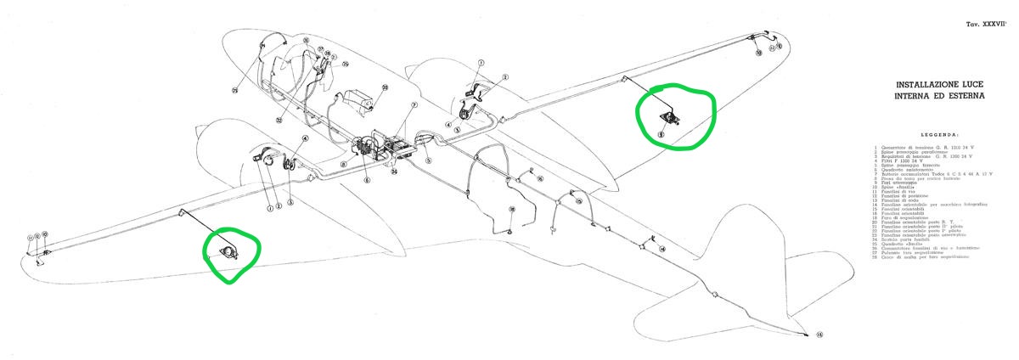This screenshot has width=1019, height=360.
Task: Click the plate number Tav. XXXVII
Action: click(x=986, y=26)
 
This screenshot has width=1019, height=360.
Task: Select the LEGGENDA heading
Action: click(x=938, y=134)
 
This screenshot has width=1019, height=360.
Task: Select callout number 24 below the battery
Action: click(x=394, y=171)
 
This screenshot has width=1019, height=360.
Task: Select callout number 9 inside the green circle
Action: click(x=661, y=133)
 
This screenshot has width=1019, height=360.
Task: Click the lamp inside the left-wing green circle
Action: click(x=228, y=251)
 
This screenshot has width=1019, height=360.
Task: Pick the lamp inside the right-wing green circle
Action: click(x=668, y=118)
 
